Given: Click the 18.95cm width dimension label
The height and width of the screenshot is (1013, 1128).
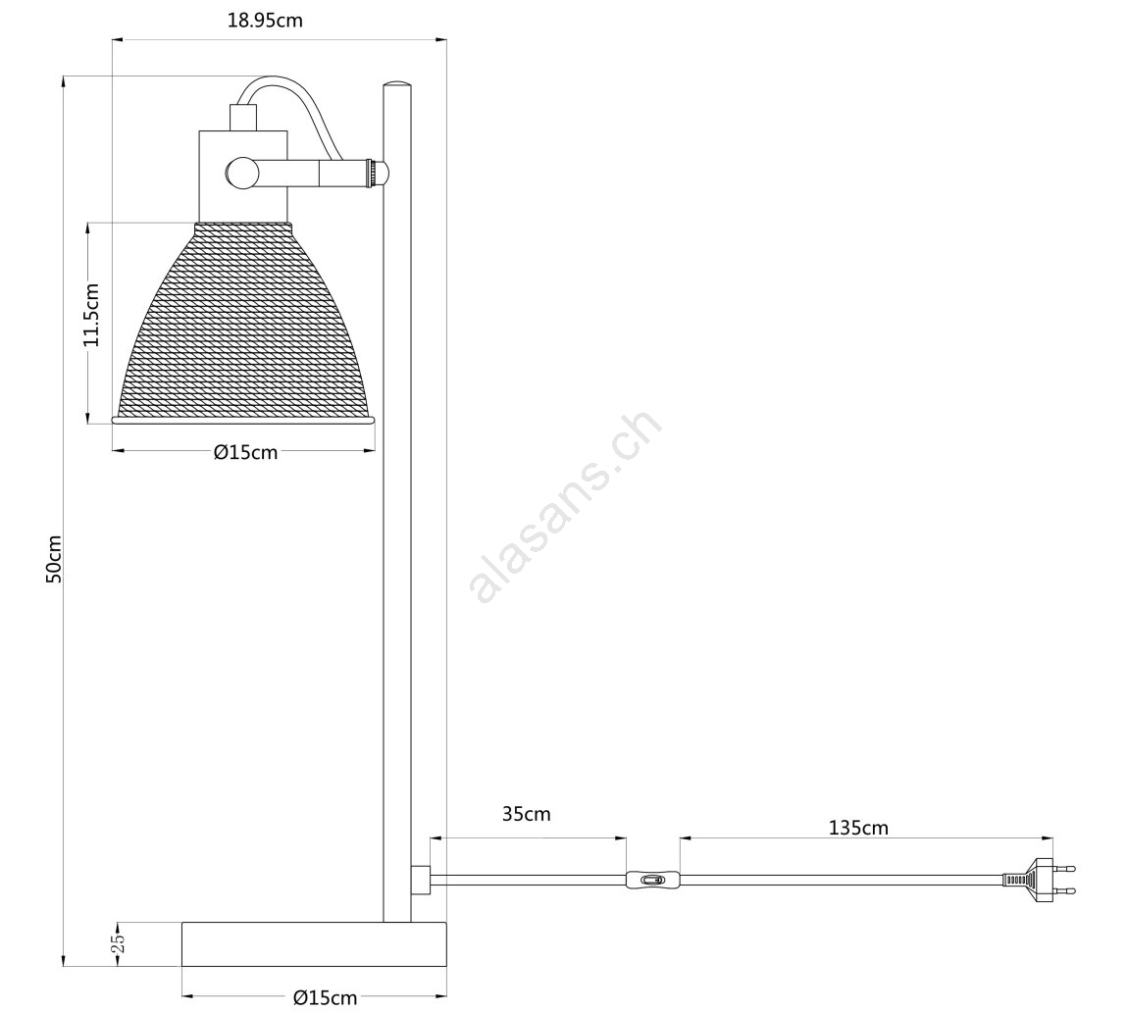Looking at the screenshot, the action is [265, 21].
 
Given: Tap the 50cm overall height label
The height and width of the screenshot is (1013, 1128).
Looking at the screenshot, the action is [53, 558].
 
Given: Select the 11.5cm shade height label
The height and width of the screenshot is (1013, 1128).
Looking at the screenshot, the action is [91, 315].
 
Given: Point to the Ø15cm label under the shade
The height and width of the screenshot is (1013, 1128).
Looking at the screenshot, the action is [245, 452].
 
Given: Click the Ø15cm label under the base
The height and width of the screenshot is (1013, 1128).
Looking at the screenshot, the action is [326, 998].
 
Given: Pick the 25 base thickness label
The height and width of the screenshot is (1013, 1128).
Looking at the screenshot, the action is [120, 943].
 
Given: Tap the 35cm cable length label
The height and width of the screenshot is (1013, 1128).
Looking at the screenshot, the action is [526, 814].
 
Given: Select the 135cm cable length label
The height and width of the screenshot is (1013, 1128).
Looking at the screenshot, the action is [858, 828].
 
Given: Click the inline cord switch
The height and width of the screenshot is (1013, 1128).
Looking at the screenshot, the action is [651, 880].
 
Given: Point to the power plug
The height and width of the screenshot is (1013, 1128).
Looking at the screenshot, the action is [1040, 880].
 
